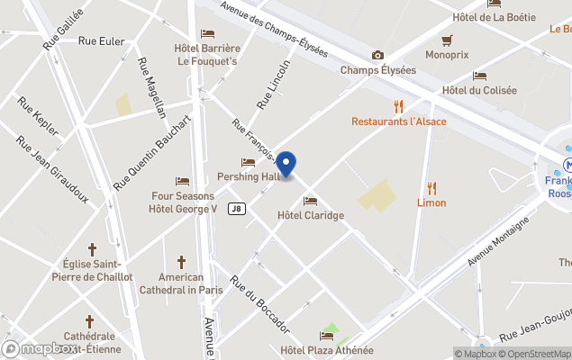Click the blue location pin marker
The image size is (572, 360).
(x=286, y=164)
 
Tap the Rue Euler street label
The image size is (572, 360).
(x=101, y=40)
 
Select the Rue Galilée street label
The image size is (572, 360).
(x=62, y=28)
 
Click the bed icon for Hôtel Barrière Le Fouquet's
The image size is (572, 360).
(x=207, y=33)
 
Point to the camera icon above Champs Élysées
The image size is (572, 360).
(x=377, y=56)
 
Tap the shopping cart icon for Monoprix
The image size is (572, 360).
(x=447, y=40)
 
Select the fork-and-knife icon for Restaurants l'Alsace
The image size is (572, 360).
(x=398, y=106)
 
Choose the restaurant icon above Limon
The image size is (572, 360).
(x=431, y=188)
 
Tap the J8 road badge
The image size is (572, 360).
(x=237, y=209)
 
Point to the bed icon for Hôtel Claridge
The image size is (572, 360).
(x=311, y=201)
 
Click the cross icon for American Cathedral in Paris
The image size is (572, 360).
(x=181, y=263)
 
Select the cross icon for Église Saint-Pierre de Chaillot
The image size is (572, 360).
(x=92, y=248)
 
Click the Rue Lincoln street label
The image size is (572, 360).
(x=274, y=85)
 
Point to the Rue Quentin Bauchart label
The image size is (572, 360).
(x=152, y=151)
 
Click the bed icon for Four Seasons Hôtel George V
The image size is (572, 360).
(x=183, y=182)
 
